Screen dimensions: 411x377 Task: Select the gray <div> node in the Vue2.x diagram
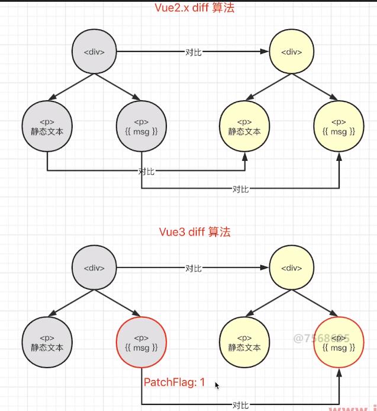tap(94, 52)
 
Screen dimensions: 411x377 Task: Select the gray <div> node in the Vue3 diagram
tap(94, 268)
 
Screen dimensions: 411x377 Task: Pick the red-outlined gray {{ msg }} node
tap(142, 342)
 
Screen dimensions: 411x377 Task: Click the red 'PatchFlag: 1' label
tap(175, 383)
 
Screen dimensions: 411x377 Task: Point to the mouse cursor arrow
tap(217, 385)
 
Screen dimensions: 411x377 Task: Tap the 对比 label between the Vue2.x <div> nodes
tap(194, 53)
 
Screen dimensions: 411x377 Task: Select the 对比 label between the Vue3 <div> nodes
tap(194, 269)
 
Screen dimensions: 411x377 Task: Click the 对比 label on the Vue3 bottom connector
tap(241, 406)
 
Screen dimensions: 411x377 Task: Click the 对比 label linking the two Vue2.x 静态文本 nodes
tap(146, 171)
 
